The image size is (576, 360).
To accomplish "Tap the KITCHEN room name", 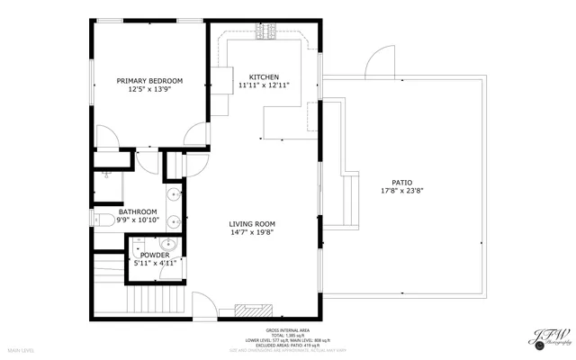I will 258,77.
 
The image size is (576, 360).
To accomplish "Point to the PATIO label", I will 389,182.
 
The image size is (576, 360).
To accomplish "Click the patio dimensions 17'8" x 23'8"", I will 389,191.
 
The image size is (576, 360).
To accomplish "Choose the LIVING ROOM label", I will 251,224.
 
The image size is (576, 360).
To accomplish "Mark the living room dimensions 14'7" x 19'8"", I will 251,233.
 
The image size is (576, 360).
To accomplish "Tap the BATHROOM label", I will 137,211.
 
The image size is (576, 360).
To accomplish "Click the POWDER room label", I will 155,255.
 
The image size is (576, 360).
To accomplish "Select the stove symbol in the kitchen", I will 267,32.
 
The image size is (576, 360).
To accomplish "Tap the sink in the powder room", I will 166,244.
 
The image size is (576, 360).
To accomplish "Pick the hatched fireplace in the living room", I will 247,310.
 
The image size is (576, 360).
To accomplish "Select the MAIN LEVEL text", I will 21,349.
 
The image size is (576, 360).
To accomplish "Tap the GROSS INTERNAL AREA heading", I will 288,331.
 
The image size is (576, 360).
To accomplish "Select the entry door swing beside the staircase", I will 205,307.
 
